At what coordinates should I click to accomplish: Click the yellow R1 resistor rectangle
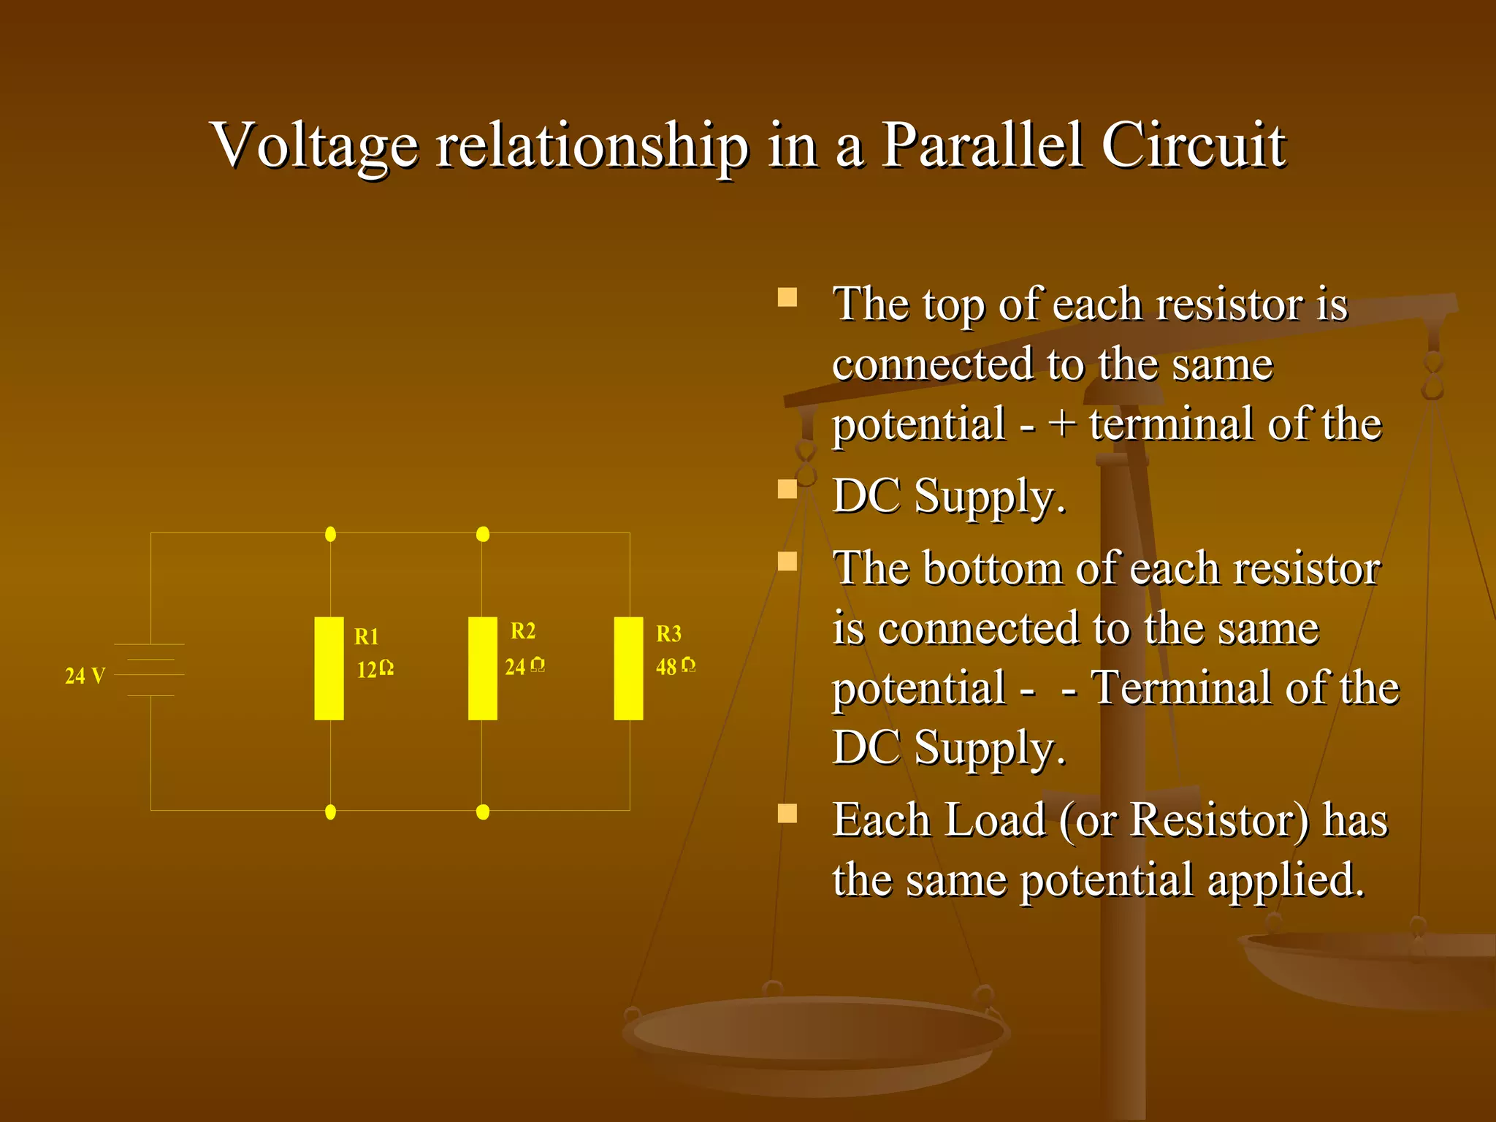pos(329,668)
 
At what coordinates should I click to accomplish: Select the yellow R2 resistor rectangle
pos(482,668)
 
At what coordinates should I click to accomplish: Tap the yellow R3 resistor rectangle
pos(628,668)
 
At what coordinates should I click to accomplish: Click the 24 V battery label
pos(85,676)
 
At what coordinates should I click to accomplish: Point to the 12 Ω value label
pos(375,669)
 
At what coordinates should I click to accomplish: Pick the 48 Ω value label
pos(675,666)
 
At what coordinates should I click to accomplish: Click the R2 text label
pos(523,631)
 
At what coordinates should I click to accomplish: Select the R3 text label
pos(668,634)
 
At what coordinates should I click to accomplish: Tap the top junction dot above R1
pos(330,534)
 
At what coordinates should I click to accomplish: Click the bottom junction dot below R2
pos(482,812)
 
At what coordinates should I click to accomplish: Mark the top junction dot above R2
pos(482,534)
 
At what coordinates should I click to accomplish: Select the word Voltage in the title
pos(315,146)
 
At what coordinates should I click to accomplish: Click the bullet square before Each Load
pos(787,813)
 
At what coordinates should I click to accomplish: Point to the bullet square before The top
pos(787,297)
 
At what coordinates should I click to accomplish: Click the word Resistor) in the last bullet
pos(1219,820)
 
